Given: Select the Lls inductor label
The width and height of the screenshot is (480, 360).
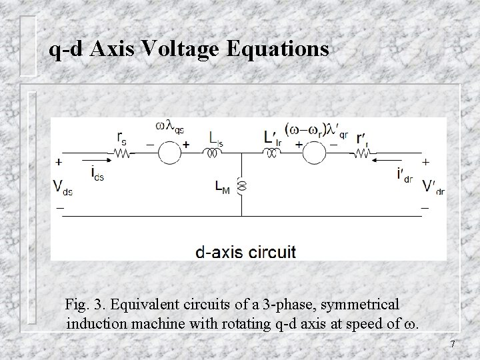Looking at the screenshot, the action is (215, 138).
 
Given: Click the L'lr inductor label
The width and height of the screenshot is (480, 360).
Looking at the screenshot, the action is (272, 138).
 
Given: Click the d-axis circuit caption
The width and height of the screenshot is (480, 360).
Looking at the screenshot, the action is (245, 252).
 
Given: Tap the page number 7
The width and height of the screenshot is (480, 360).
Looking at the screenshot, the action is (453, 344).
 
